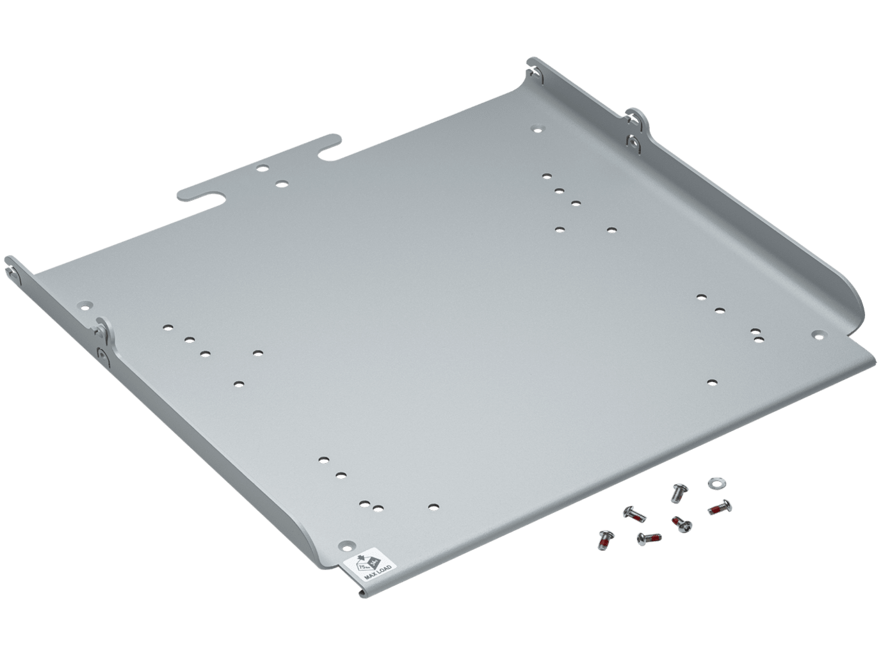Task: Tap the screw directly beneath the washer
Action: [x=720, y=508]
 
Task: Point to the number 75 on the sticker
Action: [x=363, y=565]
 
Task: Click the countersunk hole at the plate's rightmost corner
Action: [x=818, y=334]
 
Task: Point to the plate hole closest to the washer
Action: [x=712, y=382]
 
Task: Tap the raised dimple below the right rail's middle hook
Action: [x=633, y=141]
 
